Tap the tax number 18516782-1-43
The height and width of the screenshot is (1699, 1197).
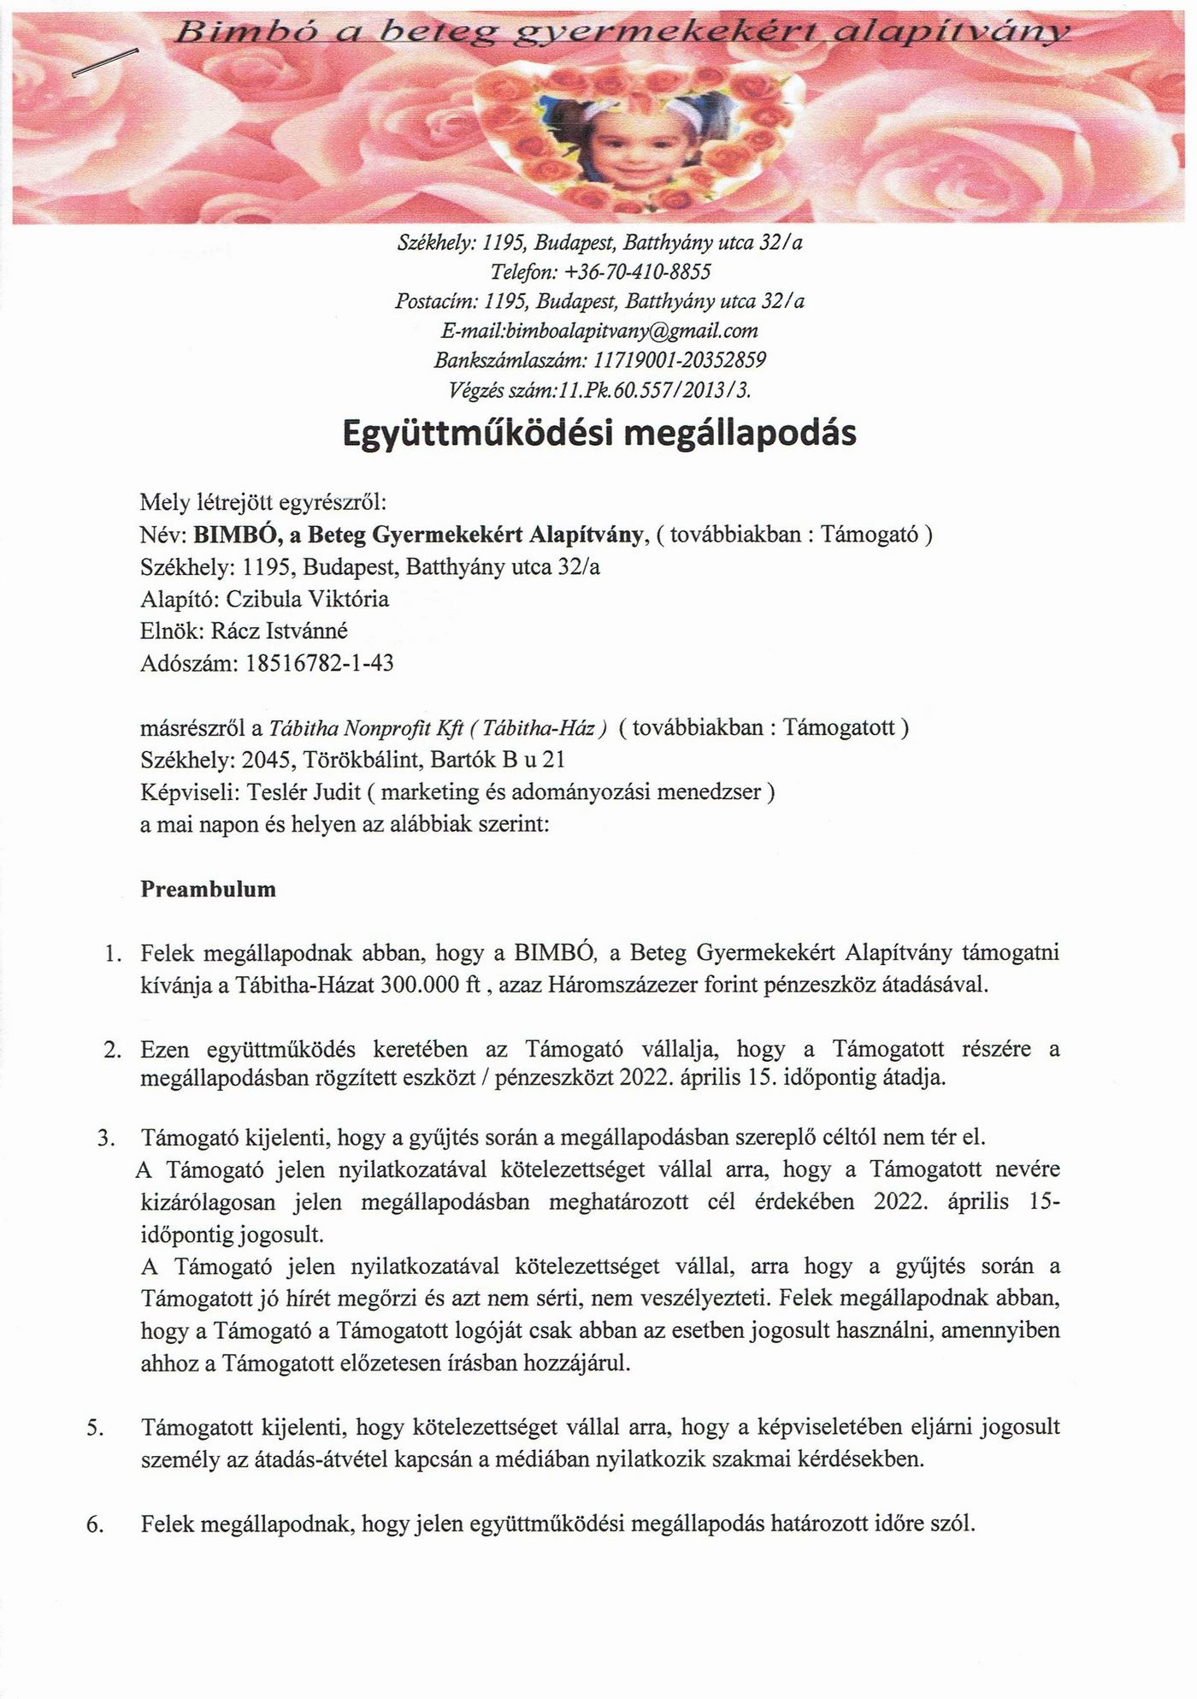coord(319,663)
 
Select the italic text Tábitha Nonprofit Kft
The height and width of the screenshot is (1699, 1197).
coord(366,728)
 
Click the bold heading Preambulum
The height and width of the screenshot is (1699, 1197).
coord(208,889)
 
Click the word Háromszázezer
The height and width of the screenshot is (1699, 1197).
coord(608,984)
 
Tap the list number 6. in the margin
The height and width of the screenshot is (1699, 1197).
coord(96,1524)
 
